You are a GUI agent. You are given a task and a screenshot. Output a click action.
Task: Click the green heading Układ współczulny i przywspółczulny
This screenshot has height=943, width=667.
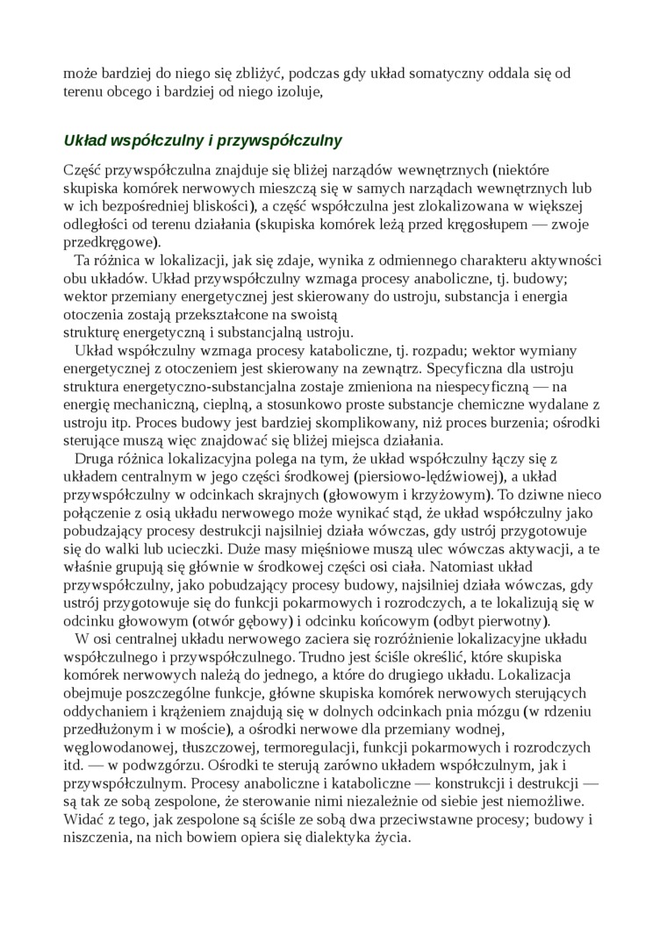click(203, 140)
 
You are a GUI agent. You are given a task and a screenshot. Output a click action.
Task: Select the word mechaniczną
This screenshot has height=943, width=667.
click(160, 404)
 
